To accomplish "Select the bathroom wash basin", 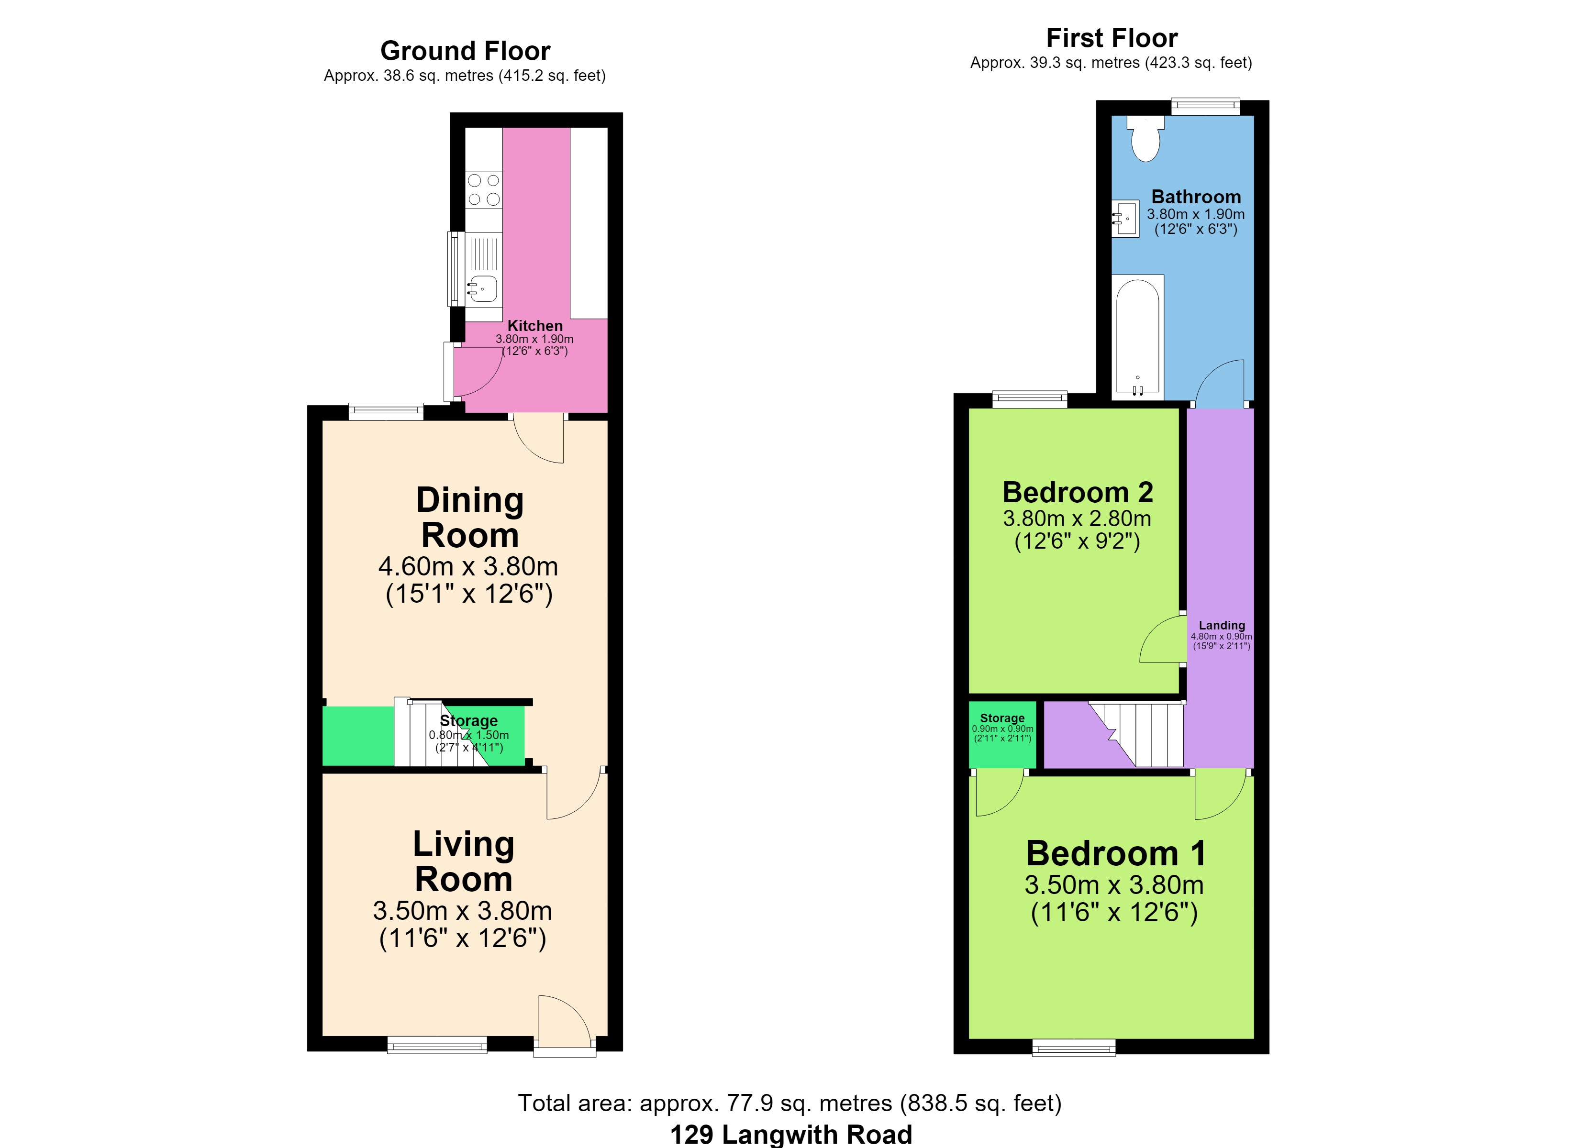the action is click(x=1125, y=219).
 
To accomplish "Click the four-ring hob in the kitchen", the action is click(x=484, y=190).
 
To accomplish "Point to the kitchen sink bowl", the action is click(x=482, y=288).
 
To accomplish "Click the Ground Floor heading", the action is click(x=465, y=51).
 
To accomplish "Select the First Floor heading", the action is click(x=1112, y=38).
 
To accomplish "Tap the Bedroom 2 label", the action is click(x=1078, y=492).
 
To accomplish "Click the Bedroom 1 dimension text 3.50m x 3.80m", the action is click(x=1114, y=885).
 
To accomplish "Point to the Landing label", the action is click(x=1222, y=625).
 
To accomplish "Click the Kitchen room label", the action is click(x=534, y=326).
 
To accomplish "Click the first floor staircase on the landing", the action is click(x=1136, y=734).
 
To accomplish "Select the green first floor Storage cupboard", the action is click(x=1002, y=734).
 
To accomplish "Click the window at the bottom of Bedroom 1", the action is click(x=1074, y=1048).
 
